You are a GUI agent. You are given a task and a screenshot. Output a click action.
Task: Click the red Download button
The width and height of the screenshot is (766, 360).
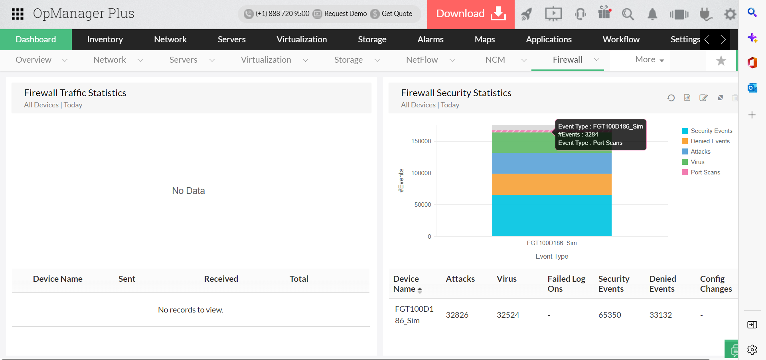(471, 14)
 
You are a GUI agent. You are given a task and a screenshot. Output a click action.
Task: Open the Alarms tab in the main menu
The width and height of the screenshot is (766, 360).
(430, 40)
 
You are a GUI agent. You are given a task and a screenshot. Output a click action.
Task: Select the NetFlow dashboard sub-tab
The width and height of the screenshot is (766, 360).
(422, 60)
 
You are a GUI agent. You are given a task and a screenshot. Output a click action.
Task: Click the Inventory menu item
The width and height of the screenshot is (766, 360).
(105, 40)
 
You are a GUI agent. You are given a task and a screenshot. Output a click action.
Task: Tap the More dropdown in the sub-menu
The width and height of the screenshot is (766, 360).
(649, 60)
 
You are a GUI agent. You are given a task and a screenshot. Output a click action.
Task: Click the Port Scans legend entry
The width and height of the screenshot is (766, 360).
(705, 172)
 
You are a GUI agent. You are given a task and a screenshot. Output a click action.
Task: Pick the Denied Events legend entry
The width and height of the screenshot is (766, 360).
(710, 141)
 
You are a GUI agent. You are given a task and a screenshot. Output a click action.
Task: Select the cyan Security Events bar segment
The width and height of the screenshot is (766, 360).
(551, 215)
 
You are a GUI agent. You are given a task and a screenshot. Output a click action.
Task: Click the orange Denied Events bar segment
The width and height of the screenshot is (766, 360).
(551, 184)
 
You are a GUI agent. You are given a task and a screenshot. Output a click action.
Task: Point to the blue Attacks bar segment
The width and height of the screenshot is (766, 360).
(551, 163)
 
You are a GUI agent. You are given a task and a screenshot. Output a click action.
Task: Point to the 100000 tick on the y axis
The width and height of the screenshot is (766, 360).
(421, 173)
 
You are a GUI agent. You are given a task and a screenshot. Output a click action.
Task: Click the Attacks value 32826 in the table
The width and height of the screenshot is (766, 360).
(457, 315)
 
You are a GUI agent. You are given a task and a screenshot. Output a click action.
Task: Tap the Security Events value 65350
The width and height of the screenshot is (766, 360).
(610, 315)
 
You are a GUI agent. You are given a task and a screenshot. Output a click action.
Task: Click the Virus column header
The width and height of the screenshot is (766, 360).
(507, 279)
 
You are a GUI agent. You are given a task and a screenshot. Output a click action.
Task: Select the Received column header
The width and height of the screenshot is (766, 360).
(221, 279)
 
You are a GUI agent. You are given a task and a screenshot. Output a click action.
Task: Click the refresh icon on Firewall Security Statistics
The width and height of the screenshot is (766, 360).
(671, 98)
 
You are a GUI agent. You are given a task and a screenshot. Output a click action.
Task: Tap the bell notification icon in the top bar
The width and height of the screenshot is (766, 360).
(652, 14)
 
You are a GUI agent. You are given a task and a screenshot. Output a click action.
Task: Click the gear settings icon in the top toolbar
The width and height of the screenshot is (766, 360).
(730, 14)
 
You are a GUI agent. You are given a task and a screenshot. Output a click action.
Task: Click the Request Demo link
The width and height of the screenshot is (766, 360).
(345, 14)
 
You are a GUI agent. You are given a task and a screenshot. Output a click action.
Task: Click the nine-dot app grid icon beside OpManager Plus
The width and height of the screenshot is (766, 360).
(18, 14)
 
